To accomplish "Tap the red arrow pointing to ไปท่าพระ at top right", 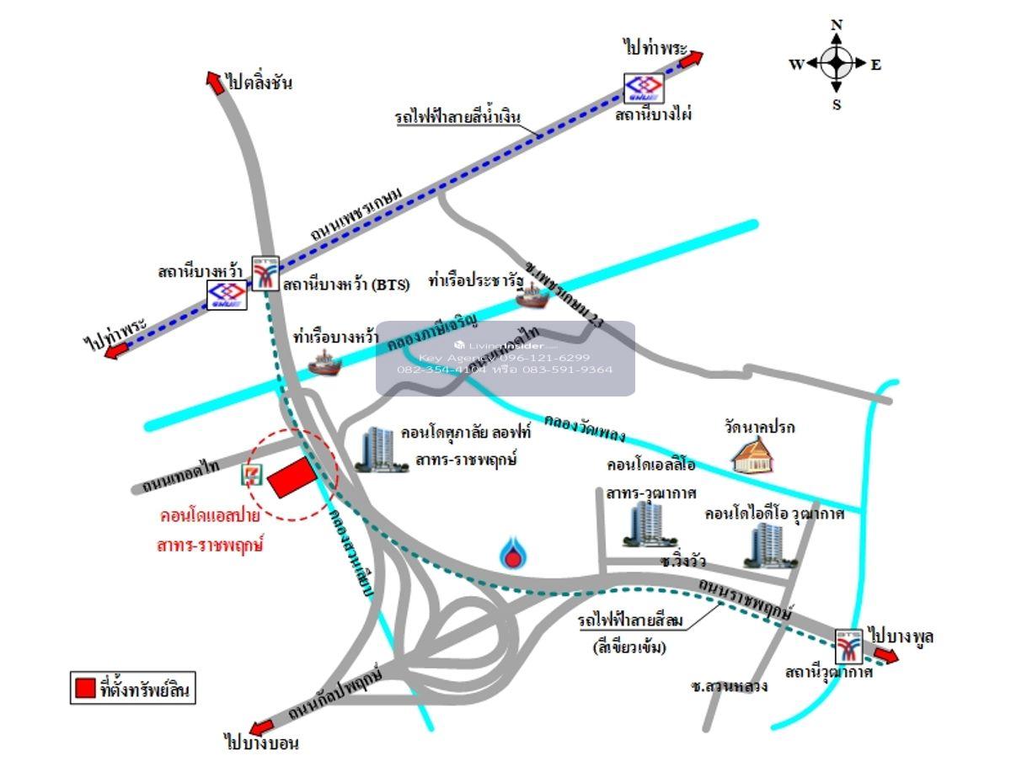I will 690,59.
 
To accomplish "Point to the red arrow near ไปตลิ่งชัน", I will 214,79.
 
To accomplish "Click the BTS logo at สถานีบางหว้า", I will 266,273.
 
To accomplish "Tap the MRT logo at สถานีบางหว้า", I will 227,295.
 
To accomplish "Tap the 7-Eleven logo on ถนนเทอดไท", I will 250,475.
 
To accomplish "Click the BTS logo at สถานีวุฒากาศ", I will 848,646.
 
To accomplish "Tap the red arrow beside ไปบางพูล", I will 885,657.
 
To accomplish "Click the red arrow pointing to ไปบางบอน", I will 262,727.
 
